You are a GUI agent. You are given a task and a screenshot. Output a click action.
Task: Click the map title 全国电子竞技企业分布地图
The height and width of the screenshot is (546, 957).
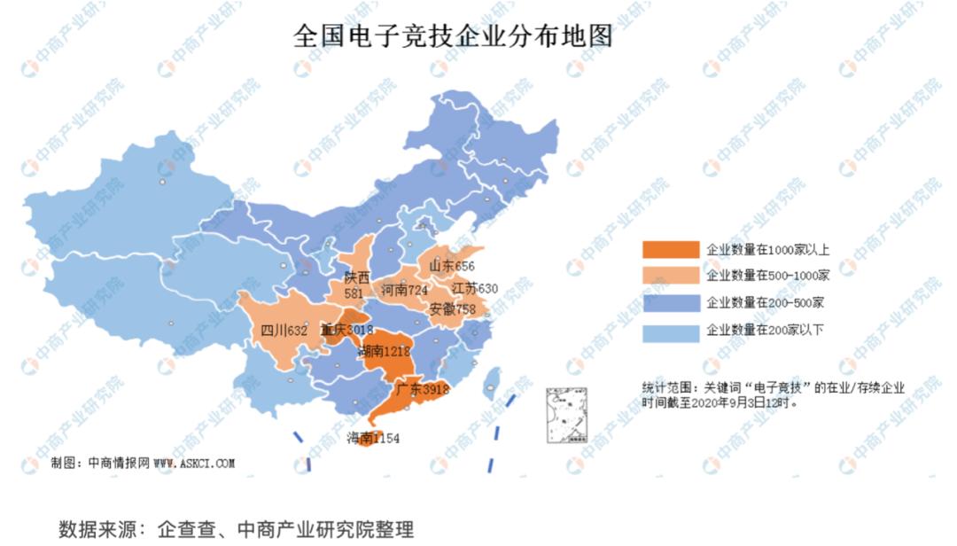(x=453, y=37)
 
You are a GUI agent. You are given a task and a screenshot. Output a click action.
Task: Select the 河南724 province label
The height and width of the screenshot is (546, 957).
(x=404, y=290)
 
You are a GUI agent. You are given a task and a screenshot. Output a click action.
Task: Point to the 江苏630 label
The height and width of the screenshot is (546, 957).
(x=475, y=288)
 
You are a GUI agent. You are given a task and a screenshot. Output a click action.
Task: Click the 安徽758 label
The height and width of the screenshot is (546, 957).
(x=452, y=309)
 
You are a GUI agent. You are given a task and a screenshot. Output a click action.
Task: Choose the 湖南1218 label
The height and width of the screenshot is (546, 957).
(x=384, y=352)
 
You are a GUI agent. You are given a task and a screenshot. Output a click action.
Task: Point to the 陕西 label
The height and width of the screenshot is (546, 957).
(x=357, y=277)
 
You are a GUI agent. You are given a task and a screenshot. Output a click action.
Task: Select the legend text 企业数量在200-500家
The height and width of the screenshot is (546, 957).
(x=766, y=303)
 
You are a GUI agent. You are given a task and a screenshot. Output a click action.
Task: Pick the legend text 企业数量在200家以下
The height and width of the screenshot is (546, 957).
(x=766, y=331)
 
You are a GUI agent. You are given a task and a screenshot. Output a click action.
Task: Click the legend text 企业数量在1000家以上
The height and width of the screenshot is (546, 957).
(x=766, y=249)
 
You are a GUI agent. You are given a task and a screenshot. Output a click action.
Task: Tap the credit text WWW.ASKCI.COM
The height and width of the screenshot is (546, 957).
(x=194, y=463)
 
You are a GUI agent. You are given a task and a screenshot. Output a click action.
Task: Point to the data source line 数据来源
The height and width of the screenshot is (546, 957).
(x=236, y=529)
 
